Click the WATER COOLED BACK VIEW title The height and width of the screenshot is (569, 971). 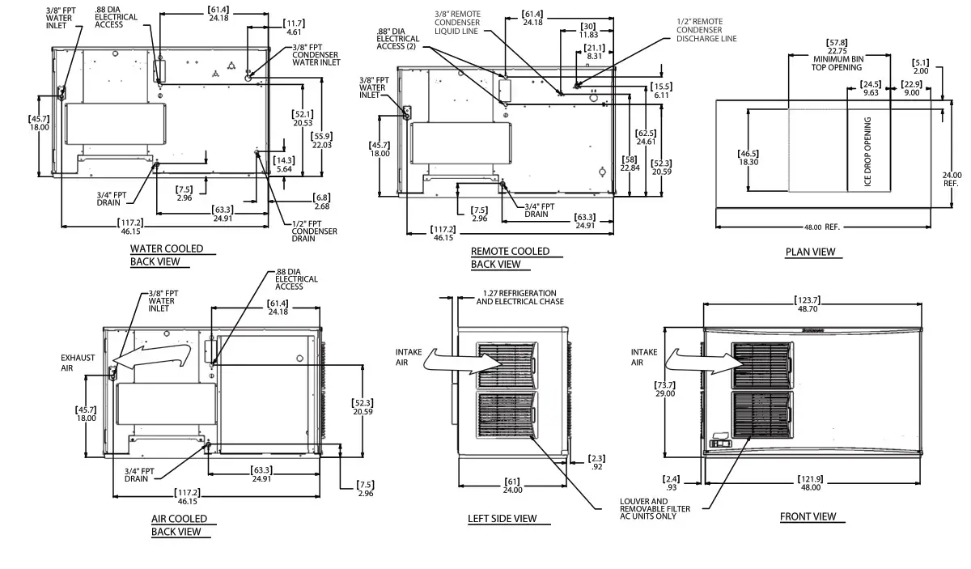(x=167, y=255)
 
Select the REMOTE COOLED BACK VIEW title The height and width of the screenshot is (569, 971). (x=510, y=257)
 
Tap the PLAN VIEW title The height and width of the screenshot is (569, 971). (x=810, y=252)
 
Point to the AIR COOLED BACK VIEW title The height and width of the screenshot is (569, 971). (x=179, y=525)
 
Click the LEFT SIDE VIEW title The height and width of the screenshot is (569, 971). (x=502, y=519)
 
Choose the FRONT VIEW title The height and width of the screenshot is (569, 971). (x=808, y=516)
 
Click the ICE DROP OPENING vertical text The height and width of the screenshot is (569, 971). (x=867, y=153)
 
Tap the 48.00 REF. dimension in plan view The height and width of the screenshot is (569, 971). (x=821, y=227)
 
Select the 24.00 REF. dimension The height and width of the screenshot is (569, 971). (x=952, y=179)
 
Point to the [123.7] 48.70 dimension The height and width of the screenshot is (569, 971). (x=813, y=305)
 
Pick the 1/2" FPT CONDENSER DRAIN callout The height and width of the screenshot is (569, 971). (x=314, y=231)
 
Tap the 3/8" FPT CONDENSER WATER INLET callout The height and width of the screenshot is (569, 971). (x=315, y=55)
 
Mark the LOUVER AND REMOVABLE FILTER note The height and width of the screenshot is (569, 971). (x=656, y=509)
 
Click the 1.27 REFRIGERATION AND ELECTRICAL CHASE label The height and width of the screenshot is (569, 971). (x=519, y=297)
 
